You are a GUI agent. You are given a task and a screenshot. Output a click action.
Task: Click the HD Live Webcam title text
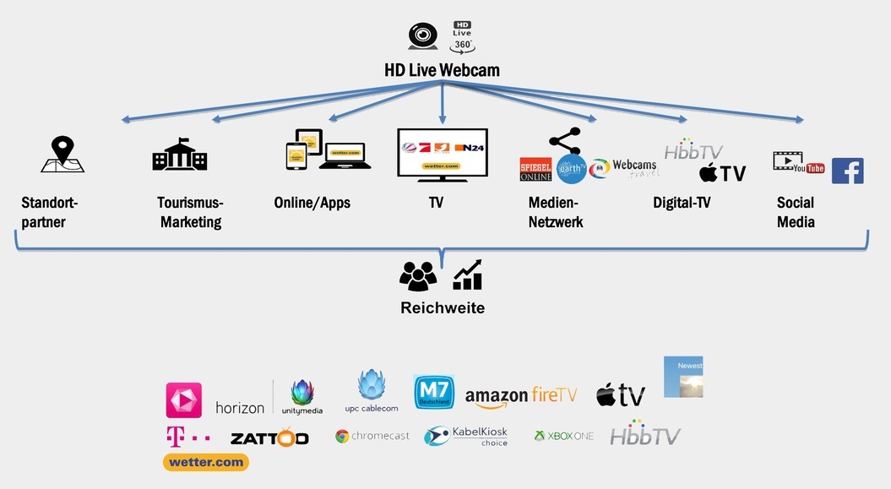click(442, 70)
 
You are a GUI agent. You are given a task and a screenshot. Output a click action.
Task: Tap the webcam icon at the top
click(422, 36)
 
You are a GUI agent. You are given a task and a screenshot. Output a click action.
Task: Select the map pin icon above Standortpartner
click(62, 155)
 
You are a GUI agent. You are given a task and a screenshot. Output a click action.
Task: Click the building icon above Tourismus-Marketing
click(179, 155)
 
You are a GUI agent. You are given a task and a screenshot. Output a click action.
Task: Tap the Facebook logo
click(847, 171)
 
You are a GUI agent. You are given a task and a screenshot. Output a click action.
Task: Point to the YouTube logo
click(799, 163)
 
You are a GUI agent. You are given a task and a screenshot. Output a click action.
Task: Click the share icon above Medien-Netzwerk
click(564, 141)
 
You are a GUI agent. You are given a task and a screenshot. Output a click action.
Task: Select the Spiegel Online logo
click(535, 170)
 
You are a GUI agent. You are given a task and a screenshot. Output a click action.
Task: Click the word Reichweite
click(443, 308)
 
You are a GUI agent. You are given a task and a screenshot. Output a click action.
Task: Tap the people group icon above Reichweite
click(418, 276)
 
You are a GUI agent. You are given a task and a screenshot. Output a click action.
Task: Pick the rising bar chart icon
click(468, 275)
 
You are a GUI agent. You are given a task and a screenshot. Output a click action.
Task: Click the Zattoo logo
click(269, 438)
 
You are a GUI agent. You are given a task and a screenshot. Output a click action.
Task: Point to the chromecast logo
click(372, 437)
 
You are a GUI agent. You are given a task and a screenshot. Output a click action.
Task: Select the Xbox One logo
click(563, 436)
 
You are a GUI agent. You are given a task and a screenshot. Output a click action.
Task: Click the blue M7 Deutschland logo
click(434, 393)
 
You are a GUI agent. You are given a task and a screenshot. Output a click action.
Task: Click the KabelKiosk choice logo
click(466, 436)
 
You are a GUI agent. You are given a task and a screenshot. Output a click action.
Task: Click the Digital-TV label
click(682, 203)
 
